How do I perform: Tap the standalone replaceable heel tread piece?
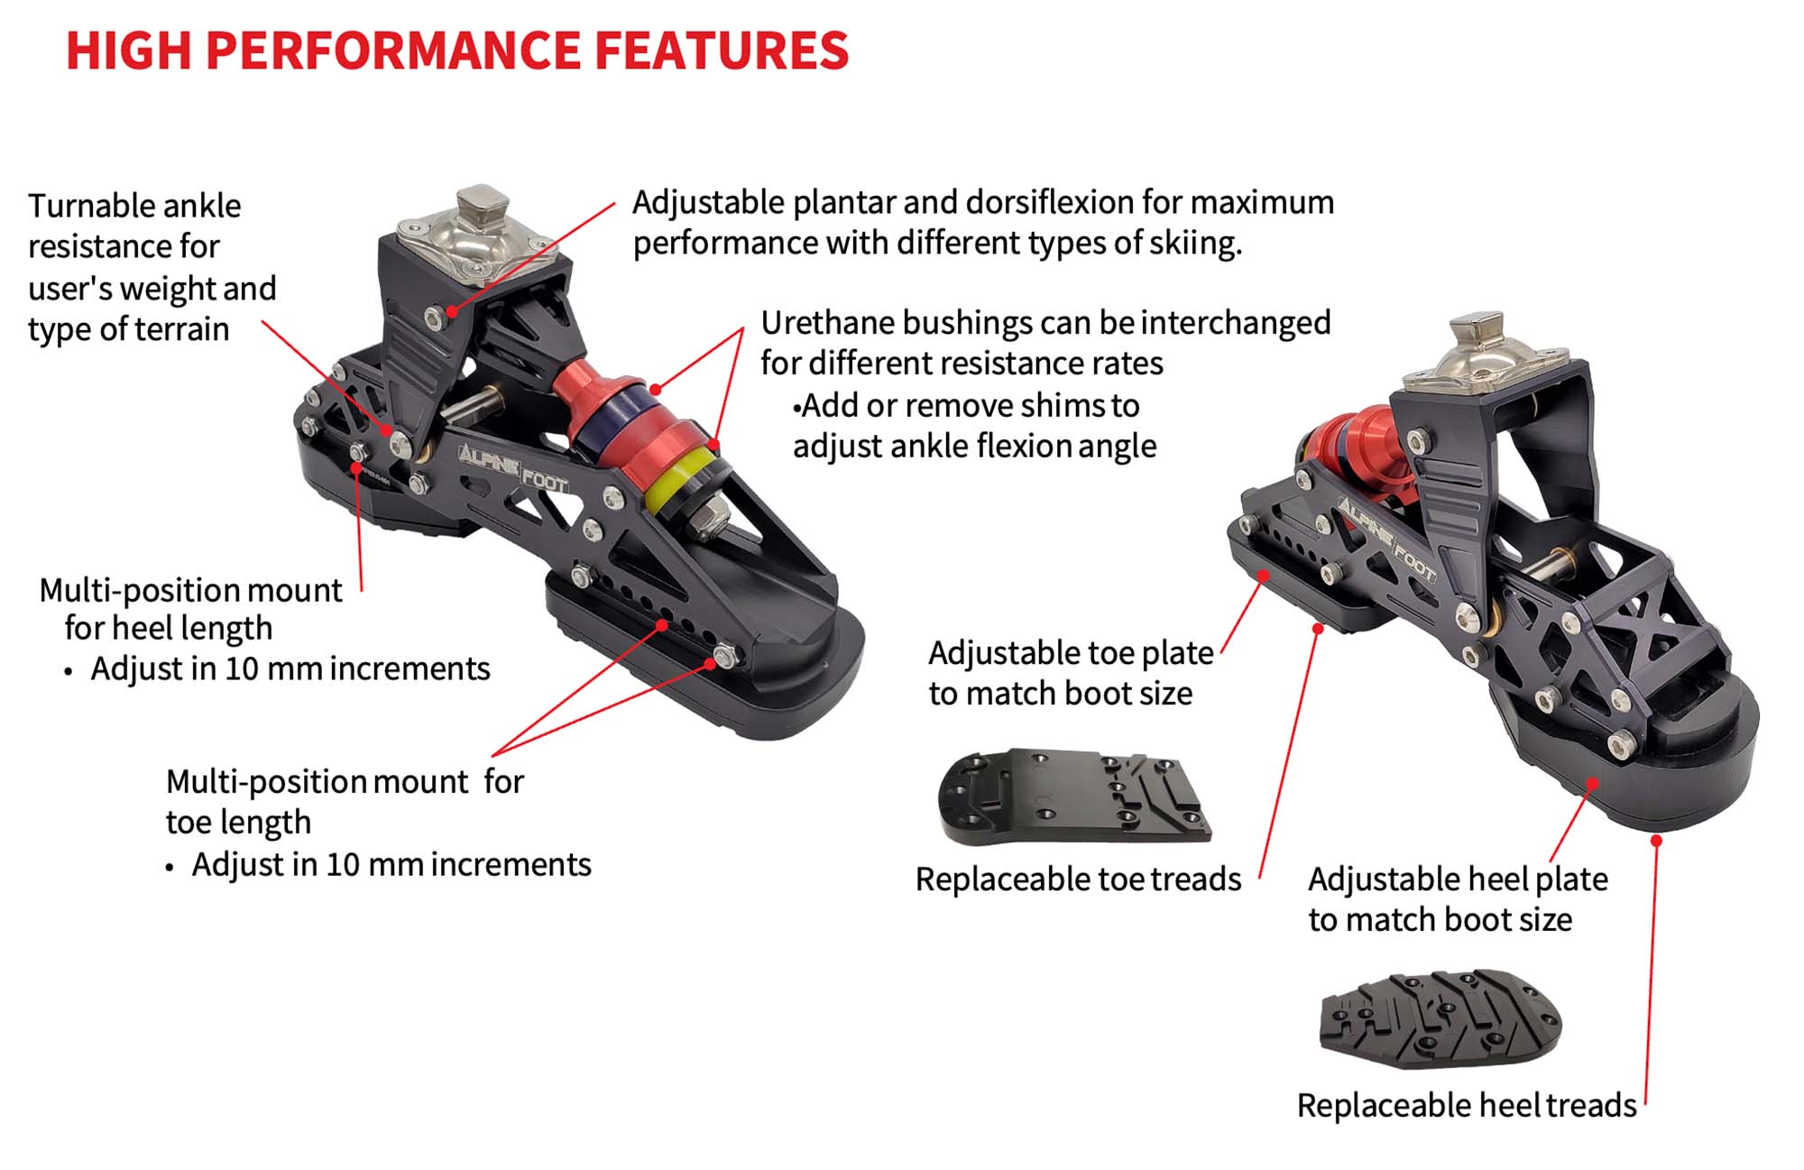pos(1440,1020)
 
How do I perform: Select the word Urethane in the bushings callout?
pos(826,323)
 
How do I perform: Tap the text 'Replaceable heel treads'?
pos(1466,1105)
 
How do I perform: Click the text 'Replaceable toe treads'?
pos(1078,879)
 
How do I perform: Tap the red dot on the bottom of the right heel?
pos(1656,840)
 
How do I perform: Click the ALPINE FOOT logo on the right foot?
pos(1386,539)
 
